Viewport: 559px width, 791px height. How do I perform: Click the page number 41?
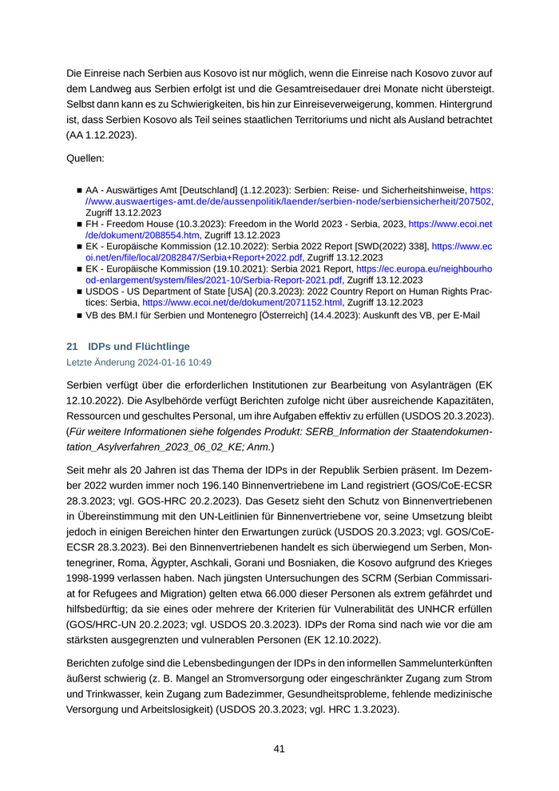pos(279,749)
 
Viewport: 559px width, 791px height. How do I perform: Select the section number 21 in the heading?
pos(71,347)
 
